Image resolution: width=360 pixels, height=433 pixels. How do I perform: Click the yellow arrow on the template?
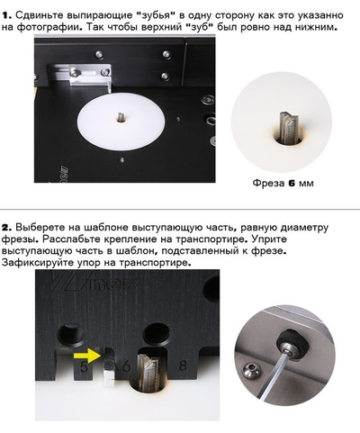tap(88, 356)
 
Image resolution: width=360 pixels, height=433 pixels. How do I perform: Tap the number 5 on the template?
tap(84, 367)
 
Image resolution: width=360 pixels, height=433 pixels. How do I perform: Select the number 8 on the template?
tap(183, 366)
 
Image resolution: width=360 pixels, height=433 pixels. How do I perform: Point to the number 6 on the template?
tap(126, 367)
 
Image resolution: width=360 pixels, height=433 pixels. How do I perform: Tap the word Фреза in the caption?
tap(268, 183)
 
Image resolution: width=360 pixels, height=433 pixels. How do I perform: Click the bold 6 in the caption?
tap(292, 183)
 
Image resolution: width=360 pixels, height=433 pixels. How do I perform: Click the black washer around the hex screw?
tap(291, 344)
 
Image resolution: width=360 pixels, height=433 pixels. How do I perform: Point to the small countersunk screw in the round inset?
tap(252, 369)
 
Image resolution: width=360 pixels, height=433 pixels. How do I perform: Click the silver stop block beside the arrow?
tap(109, 366)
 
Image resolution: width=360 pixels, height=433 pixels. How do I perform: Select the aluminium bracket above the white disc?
tap(90, 77)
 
